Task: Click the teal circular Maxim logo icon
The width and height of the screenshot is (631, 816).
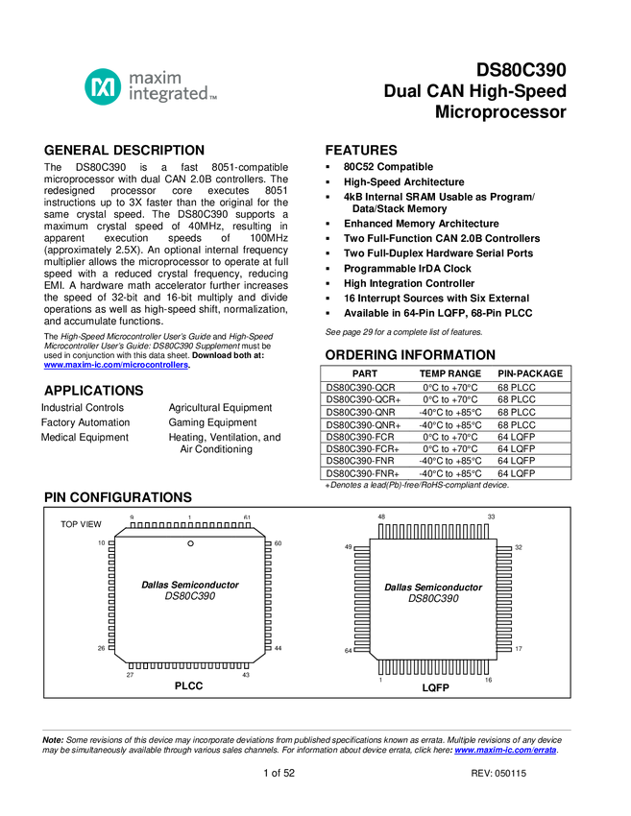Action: [x=103, y=86]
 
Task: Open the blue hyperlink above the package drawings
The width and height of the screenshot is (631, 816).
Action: [x=115, y=365]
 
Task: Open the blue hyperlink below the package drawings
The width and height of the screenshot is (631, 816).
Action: [x=504, y=751]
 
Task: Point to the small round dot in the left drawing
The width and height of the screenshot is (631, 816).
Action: [x=190, y=543]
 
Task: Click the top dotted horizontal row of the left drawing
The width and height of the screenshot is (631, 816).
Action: [x=187, y=525]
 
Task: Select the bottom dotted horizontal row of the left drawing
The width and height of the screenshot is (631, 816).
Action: [x=192, y=665]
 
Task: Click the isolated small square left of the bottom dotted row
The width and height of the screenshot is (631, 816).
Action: [x=132, y=665]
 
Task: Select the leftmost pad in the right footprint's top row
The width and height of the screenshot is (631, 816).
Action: [x=388, y=532]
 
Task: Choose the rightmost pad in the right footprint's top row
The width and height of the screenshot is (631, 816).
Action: [x=479, y=532]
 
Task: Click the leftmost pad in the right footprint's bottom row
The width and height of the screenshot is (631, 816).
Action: [x=388, y=667]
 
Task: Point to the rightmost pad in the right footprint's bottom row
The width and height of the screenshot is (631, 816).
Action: [x=479, y=667]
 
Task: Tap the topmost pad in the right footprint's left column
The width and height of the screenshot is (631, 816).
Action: [x=362, y=553]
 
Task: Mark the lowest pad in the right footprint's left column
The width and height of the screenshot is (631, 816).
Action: [x=362, y=642]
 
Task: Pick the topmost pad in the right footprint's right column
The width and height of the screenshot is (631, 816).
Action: [x=504, y=553]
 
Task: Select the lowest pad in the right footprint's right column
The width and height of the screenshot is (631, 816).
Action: [x=504, y=642]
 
